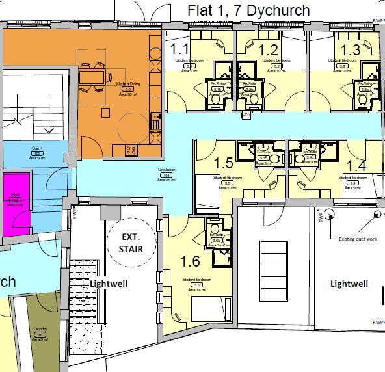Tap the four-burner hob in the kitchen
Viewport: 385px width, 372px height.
pyautogui.click(x=130, y=150)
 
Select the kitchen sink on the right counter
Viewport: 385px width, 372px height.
pyautogui.click(x=155, y=121)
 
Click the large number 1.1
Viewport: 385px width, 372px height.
pyautogui.click(x=180, y=48)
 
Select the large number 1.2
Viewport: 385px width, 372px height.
pyautogui.click(x=268, y=49)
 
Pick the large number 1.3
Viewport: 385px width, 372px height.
pyautogui.click(x=351, y=49)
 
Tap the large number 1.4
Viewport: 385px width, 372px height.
pyautogui.click(x=356, y=166)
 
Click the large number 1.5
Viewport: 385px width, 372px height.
pyautogui.click(x=224, y=163)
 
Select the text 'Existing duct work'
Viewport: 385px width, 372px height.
pyautogui.click(x=358, y=239)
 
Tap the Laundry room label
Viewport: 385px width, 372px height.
pyautogui.click(x=40, y=329)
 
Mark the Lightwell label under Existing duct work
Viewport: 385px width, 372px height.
pyautogui.click(x=349, y=284)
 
